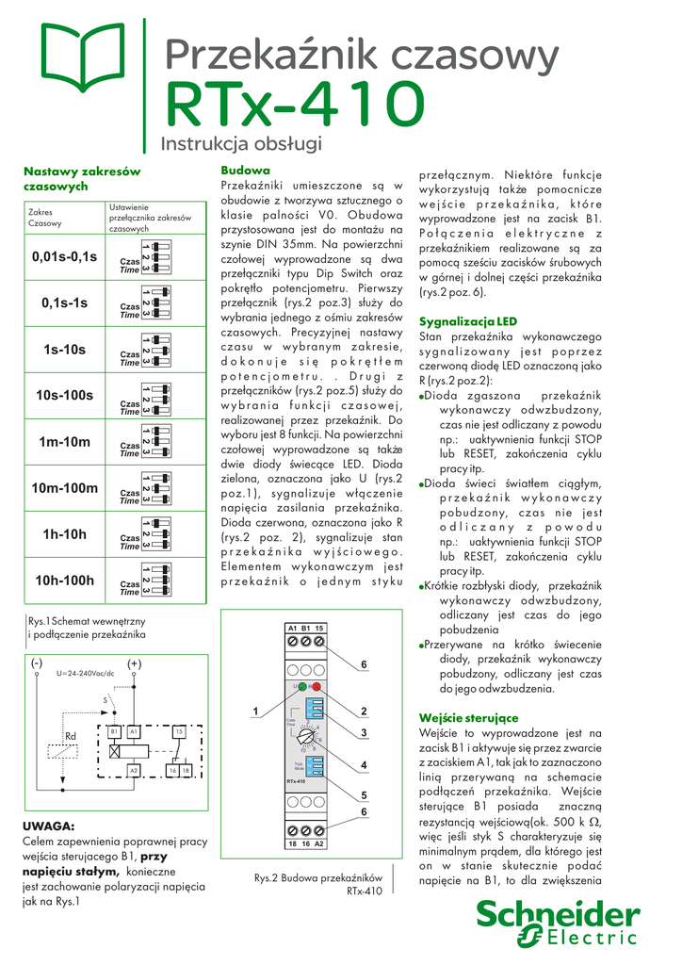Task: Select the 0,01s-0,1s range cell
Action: click(64, 256)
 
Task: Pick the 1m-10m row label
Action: click(64, 442)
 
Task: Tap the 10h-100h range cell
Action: click(64, 580)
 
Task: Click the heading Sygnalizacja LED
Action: click(468, 321)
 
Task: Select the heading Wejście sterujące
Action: click(468, 718)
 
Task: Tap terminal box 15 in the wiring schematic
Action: click(178, 731)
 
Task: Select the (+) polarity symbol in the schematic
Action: click(134, 664)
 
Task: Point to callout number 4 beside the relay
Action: click(363, 764)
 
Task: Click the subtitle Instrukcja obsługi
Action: click(242, 144)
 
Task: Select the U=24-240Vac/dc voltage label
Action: click(85, 674)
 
